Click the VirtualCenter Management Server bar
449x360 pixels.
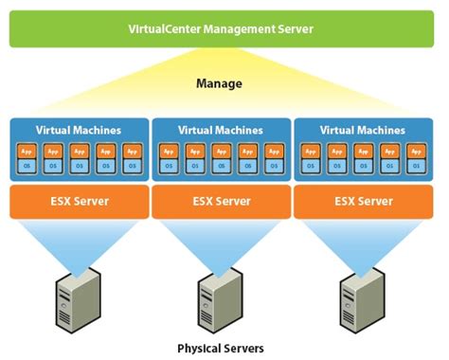point(224,28)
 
